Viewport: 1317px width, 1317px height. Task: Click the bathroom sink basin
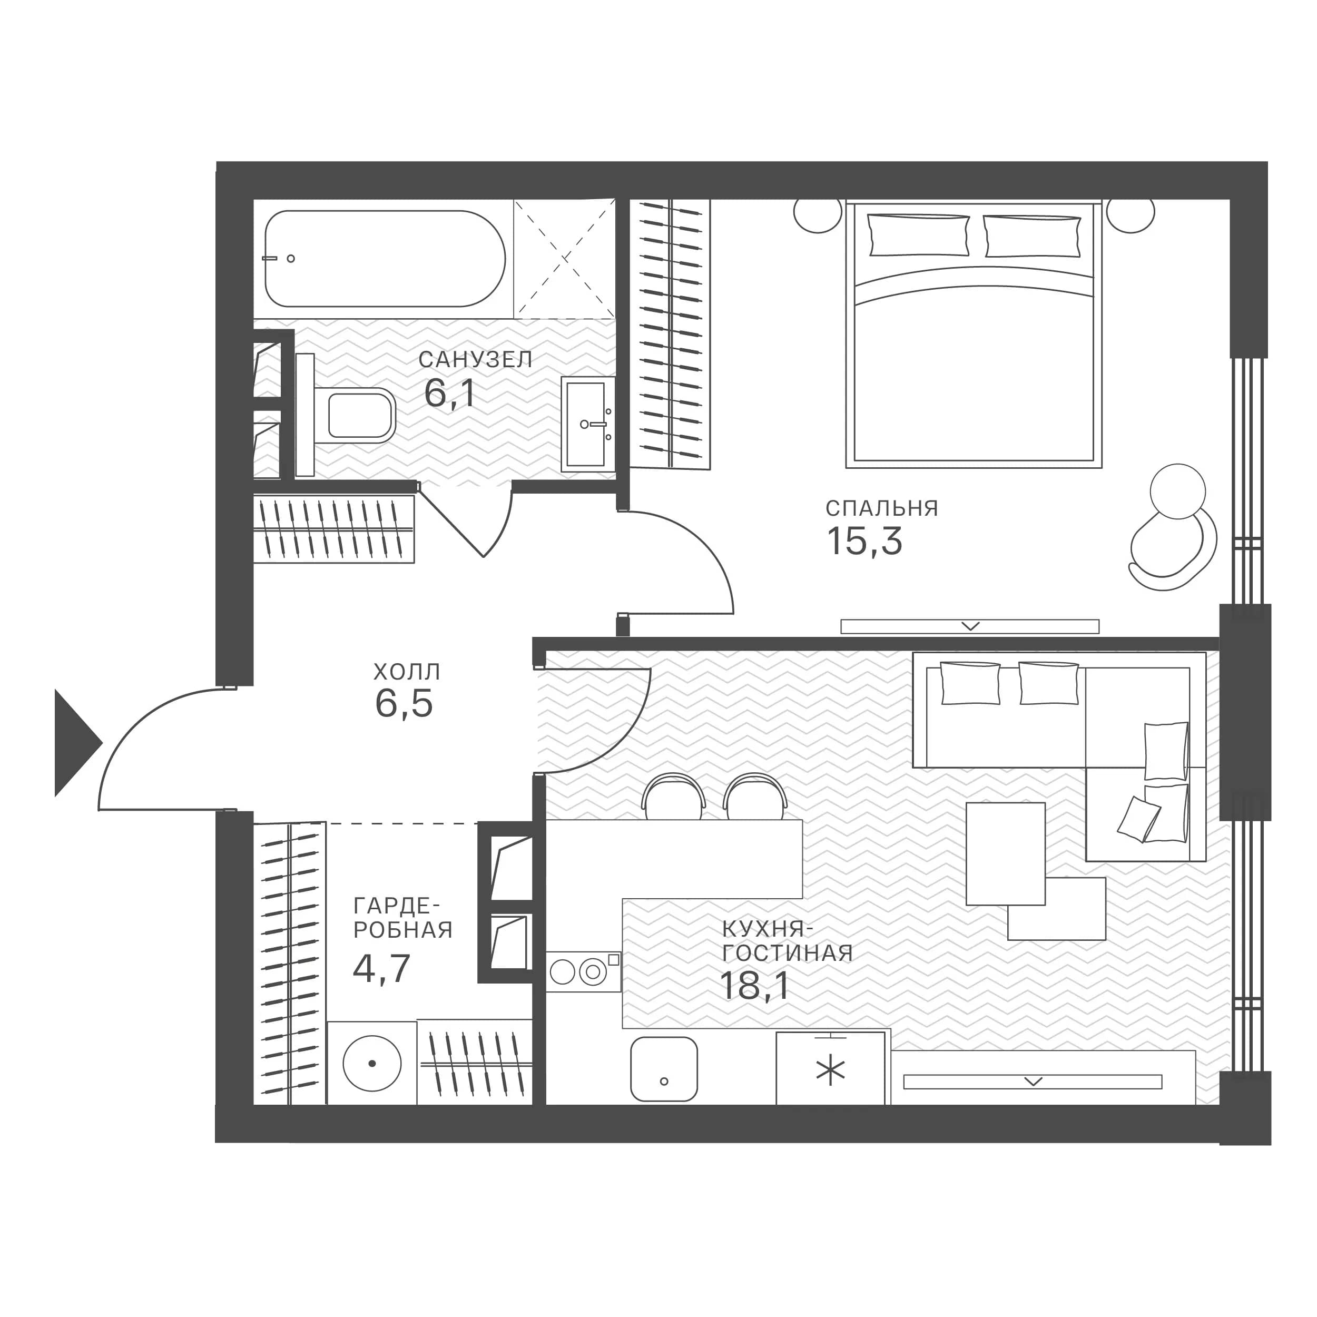586,424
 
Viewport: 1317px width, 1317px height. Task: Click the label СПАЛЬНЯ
882,508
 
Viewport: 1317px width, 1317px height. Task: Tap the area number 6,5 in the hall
404,703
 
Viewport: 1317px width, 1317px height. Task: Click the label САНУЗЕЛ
475,359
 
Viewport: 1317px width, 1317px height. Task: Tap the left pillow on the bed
918,235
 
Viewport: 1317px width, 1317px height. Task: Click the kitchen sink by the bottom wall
664,1069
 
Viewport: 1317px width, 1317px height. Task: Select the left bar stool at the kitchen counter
673,796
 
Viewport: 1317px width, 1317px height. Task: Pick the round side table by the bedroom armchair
1177,492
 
